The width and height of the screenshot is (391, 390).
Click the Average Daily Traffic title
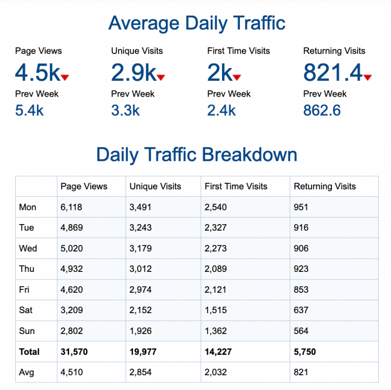click(197, 23)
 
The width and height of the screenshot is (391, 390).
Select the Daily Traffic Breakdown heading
click(197, 155)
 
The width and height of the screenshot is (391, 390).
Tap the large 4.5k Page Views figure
click(38, 73)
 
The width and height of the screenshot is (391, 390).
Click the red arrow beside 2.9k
click(161, 77)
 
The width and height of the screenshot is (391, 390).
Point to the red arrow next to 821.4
click(368, 77)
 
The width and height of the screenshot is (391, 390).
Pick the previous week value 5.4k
click(30, 110)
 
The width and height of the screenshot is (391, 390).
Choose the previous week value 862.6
click(322, 110)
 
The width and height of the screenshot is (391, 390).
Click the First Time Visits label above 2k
click(238, 51)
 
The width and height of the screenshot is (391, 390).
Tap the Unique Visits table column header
click(155, 186)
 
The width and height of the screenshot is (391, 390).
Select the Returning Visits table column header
click(325, 186)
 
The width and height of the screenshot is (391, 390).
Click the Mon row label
click(27, 207)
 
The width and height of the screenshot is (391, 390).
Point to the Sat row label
click(26, 311)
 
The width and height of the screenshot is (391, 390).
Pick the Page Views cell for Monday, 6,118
click(71, 207)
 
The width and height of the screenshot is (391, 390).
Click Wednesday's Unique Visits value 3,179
click(141, 248)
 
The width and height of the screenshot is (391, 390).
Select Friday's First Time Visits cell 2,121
click(216, 290)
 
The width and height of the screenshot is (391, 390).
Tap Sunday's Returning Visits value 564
click(301, 331)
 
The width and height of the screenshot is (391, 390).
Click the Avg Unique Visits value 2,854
click(141, 372)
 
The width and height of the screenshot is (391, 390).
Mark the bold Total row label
click(29, 352)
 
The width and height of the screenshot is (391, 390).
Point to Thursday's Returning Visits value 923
click(301, 269)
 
